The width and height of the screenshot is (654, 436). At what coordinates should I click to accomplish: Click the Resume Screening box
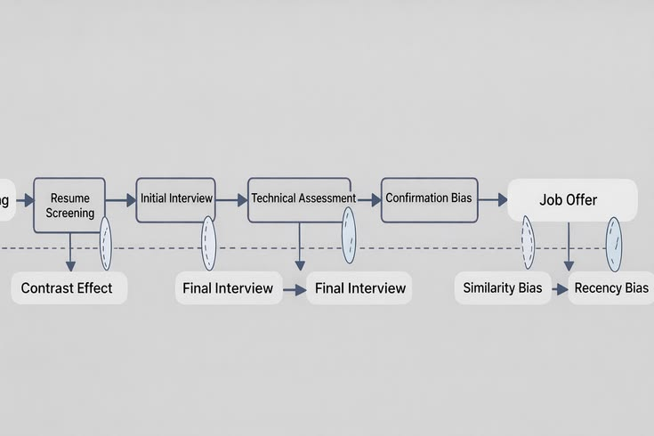(x=69, y=206)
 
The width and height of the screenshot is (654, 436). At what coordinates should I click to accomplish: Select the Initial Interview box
(x=176, y=198)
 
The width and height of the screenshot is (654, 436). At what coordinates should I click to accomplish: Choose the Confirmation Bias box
(x=428, y=198)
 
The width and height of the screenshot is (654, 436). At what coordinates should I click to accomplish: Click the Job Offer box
(x=572, y=200)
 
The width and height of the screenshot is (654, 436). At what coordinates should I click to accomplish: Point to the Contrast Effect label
(x=69, y=288)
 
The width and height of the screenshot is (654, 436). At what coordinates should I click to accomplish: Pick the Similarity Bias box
(x=503, y=288)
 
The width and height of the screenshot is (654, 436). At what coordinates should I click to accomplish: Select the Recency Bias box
(x=610, y=288)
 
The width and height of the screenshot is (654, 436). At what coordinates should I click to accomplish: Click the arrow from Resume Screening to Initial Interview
(x=121, y=200)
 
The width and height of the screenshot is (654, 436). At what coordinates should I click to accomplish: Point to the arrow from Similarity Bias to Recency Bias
(x=559, y=289)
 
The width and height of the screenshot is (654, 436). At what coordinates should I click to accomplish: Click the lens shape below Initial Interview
(x=208, y=243)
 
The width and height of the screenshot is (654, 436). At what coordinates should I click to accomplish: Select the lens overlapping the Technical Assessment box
(x=349, y=236)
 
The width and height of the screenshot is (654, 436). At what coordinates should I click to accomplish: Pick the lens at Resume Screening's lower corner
(x=106, y=243)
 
